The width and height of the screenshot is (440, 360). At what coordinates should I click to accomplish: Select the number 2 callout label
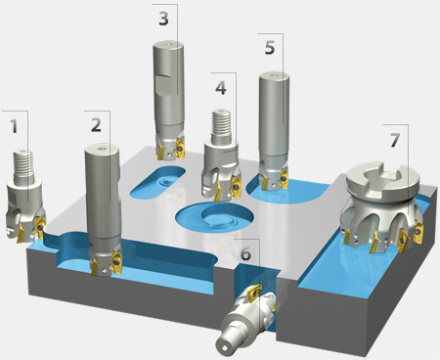(95, 124)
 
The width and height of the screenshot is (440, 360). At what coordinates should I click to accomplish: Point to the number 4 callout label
(221, 86)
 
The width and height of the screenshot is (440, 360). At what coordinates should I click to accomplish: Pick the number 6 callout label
(245, 253)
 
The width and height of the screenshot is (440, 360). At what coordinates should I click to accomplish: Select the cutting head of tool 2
(104, 258)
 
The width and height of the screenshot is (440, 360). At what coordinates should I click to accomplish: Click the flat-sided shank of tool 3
(168, 88)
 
